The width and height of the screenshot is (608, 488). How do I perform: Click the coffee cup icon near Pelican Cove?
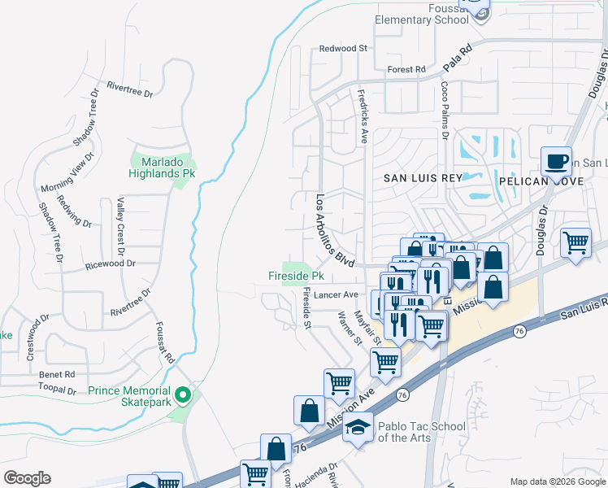557,160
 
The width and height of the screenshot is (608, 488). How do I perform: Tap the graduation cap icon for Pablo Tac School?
357,425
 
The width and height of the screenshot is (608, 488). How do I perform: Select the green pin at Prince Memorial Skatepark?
183,396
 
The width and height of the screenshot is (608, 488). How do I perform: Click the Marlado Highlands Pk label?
163,168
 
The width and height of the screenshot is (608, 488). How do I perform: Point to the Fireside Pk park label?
296,276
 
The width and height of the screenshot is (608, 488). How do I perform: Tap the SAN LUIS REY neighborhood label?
422,177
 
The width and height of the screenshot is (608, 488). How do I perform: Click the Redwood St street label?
343,49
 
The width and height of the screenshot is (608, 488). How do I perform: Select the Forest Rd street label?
406,70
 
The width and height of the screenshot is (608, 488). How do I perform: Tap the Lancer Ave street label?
338,294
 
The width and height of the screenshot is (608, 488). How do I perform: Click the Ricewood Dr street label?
111,264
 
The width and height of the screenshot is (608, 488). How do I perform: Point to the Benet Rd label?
57,374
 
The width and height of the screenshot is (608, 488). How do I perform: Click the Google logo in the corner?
27,478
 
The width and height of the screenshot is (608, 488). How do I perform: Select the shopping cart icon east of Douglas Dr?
575,242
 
